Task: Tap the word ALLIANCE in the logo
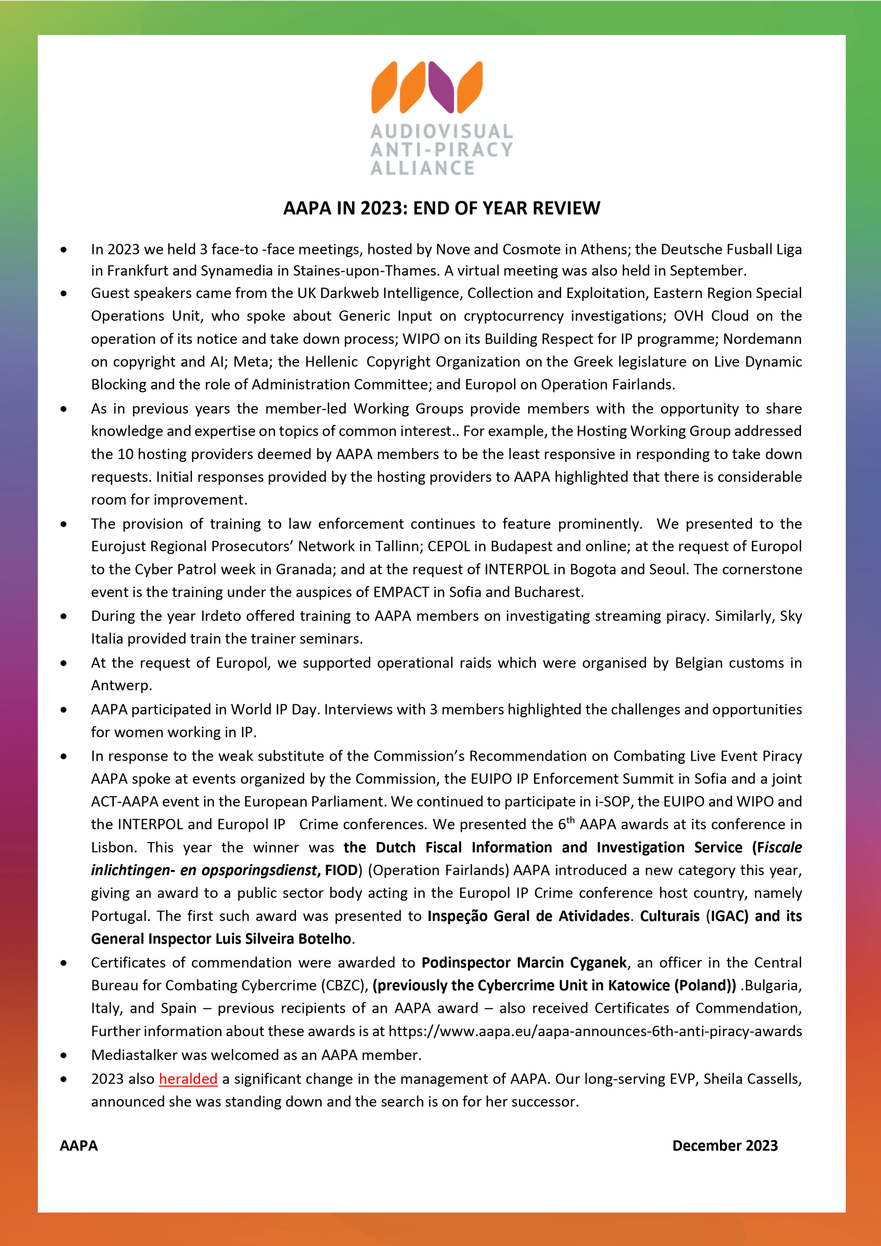pos(423,168)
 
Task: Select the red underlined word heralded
pos(188,1079)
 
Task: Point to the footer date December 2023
pos(725,1145)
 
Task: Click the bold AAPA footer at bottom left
pos(78,1145)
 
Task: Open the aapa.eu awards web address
pos(595,1031)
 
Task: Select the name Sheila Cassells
pos(751,1079)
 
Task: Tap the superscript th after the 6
pos(570,820)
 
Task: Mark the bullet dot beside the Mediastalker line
pos(64,1055)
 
